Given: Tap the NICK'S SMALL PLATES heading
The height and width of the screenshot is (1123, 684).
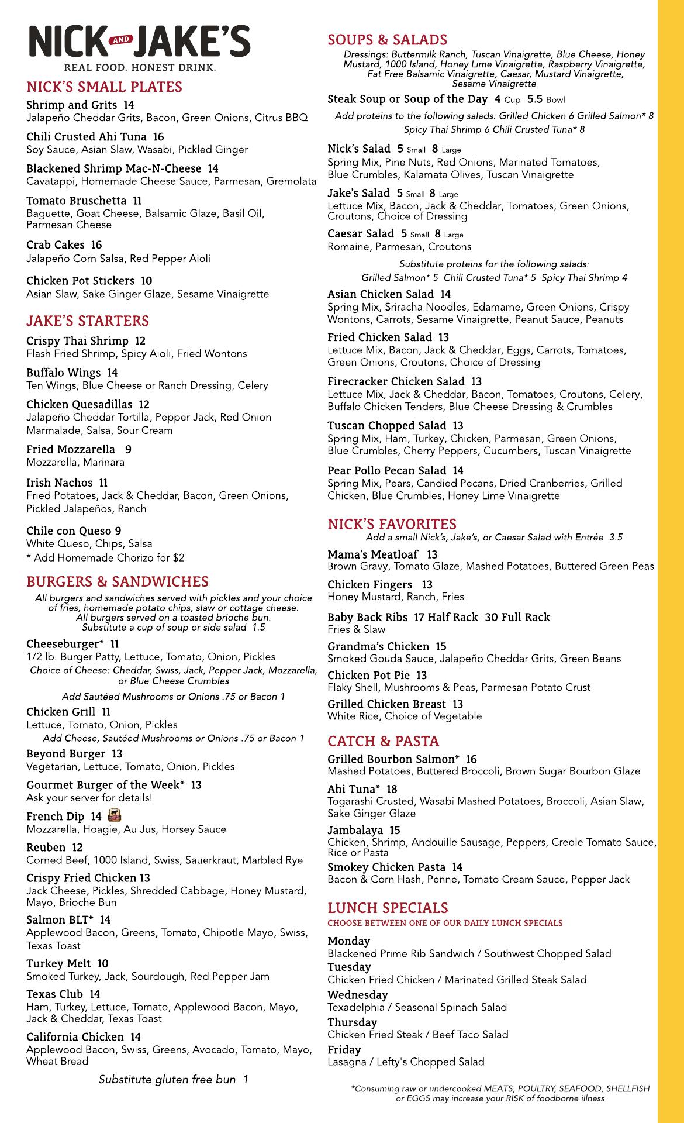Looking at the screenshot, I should tap(104, 87).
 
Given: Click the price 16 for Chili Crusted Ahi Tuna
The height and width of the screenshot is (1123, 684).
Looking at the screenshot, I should tap(158, 137).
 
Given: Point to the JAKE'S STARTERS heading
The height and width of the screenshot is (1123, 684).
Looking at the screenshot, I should tap(88, 321).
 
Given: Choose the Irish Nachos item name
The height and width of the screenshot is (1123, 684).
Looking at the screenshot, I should tap(59, 483).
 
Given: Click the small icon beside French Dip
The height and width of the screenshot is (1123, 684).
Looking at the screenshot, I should tap(115, 815).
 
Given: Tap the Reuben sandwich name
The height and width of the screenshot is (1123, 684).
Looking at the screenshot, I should tap(46, 847).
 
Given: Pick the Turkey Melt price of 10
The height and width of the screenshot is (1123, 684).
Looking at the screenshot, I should tap(103, 963).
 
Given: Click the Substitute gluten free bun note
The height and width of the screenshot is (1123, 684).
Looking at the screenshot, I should tap(173, 1079).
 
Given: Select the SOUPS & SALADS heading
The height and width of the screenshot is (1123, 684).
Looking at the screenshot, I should tap(387, 40).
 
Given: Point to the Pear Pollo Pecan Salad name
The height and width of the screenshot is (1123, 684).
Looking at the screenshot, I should tap(387, 470).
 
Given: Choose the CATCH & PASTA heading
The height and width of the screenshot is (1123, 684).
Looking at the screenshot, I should tap(383, 741).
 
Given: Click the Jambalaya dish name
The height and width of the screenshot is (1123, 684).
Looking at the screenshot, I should tap(355, 830).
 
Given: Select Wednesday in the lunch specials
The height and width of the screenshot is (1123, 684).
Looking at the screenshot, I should tap(357, 994).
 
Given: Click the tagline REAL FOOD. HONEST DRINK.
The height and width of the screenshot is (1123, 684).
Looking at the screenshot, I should tap(140, 67).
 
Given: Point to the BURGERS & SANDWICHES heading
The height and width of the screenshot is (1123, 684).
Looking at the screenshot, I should tap(118, 581).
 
